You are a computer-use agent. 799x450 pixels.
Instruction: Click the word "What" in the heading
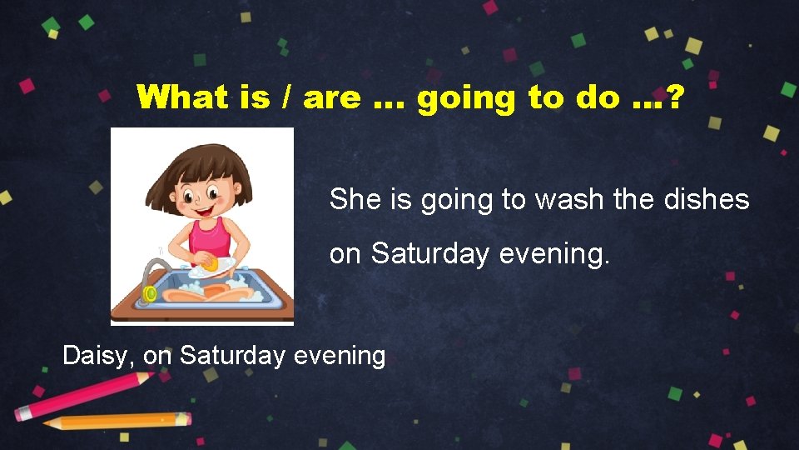pyautogui.click(x=180, y=97)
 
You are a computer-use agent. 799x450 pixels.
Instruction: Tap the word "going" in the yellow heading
pyautogui.click(x=467, y=98)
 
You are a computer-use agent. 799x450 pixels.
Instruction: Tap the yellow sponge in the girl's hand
pyautogui.click(x=212, y=264)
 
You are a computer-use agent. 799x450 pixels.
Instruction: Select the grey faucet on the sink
pyautogui.click(x=151, y=275)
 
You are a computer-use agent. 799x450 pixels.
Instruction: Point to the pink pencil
pyautogui.click(x=83, y=396)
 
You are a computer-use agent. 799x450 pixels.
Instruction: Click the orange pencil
pyautogui.click(x=117, y=421)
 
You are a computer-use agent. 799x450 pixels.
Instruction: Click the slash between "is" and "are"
pyautogui.click(x=286, y=98)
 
